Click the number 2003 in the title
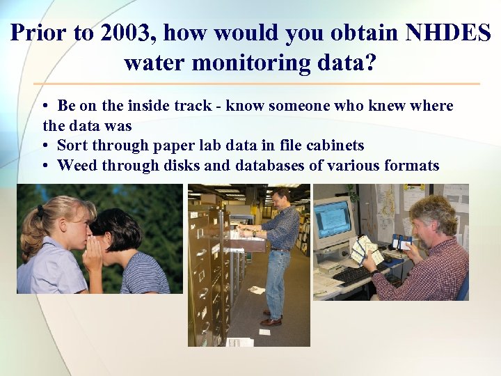pyautogui.click(x=123, y=33)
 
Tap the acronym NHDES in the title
pyautogui.click(x=440, y=33)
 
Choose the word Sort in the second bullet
pyautogui.click(x=73, y=146)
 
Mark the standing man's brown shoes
pyautogui.click(x=271, y=321)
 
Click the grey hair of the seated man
pyautogui.click(x=432, y=208)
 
